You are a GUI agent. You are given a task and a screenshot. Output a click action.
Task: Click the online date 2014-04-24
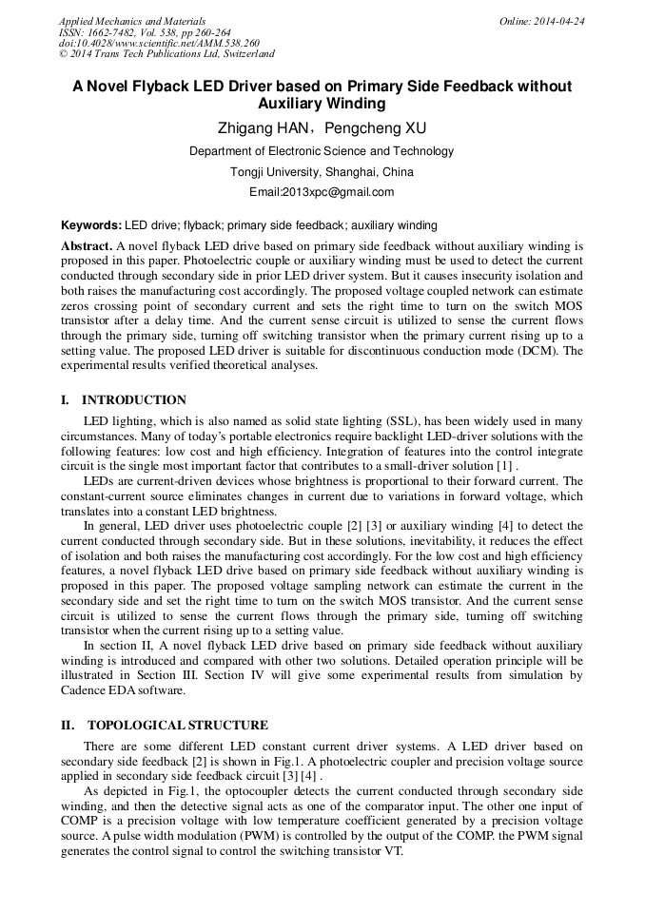[562, 21]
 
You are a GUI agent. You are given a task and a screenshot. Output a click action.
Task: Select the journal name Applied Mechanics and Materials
[132, 21]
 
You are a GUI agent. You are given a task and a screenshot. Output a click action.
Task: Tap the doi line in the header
[158, 44]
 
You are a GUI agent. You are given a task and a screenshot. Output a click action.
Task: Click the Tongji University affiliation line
[322, 172]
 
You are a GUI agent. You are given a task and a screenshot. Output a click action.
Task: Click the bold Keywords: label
[91, 226]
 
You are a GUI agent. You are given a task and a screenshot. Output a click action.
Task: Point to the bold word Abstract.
[87, 245]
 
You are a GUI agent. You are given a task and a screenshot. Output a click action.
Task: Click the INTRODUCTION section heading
[134, 400]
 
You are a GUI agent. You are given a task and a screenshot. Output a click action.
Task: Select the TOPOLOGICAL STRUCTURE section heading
[177, 725]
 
